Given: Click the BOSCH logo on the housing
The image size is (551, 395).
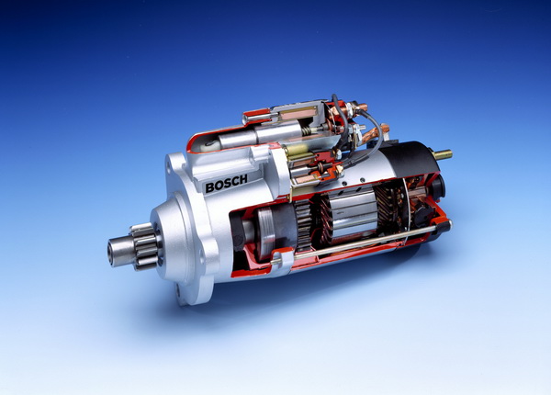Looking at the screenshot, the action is coord(226,184).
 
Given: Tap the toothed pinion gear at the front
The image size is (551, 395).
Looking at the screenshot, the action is coord(145,246).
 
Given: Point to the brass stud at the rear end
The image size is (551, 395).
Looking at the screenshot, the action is coord(443,154).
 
